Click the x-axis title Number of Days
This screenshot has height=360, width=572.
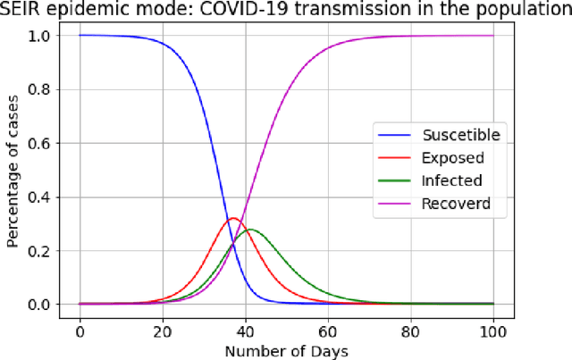coord(286,349)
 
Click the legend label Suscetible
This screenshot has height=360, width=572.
coord(460,136)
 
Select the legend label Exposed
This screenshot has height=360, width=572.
coord(452,159)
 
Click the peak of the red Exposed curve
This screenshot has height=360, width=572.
coord(232,218)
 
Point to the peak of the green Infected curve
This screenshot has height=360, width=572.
coord(251,230)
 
